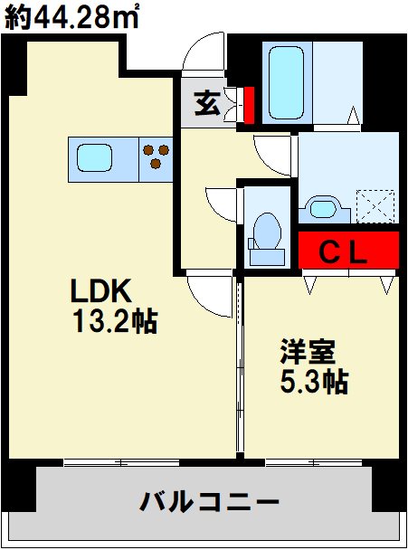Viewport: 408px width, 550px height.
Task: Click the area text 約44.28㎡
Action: (71, 17)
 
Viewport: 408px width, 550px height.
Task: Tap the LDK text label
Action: (103, 291)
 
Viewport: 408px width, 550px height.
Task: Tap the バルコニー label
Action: (208, 500)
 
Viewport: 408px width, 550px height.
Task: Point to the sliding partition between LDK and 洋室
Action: (241, 371)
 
